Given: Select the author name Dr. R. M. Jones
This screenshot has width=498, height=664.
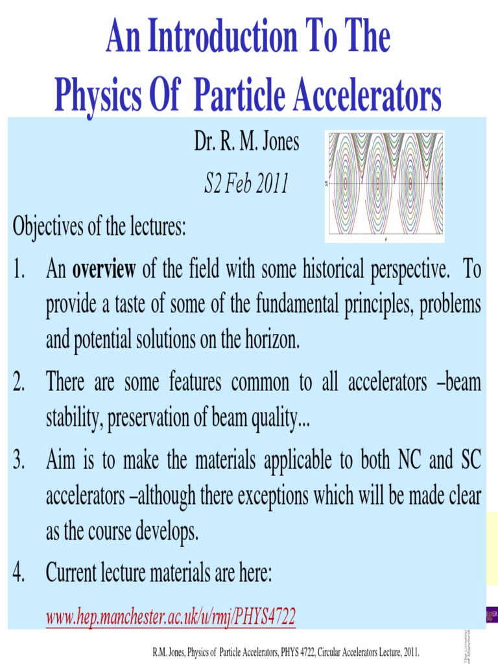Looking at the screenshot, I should point(246,141).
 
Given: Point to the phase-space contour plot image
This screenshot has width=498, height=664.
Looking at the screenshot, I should point(385,184).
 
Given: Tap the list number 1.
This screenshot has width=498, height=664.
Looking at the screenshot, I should point(19,270).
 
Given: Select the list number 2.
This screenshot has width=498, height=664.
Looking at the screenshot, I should point(19,383).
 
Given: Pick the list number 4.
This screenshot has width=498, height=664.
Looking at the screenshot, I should point(19,573).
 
